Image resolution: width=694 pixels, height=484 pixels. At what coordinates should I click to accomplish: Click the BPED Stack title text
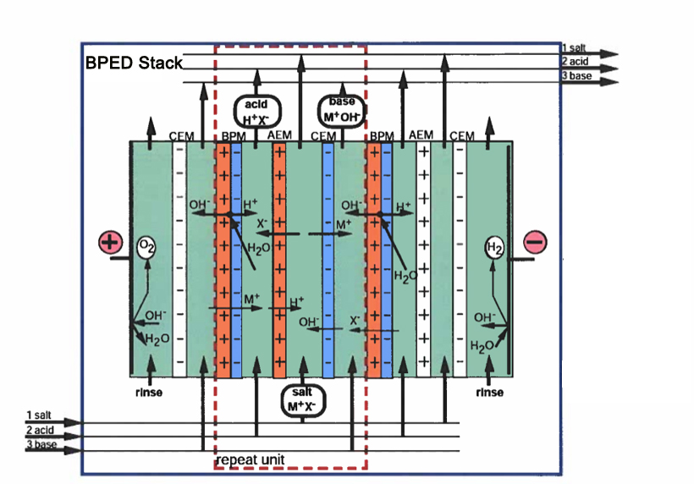pyautogui.click(x=135, y=63)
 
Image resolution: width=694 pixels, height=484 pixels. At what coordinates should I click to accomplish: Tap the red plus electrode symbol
pyautogui.click(x=110, y=242)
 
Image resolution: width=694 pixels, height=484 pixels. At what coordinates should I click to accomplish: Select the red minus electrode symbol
pyautogui.click(x=535, y=242)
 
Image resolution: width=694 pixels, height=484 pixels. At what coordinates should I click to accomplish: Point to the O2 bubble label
pyautogui.click(x=146, y=247)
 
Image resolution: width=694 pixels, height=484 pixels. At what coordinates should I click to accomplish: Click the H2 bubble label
pyautogui.click(x=493, y=248)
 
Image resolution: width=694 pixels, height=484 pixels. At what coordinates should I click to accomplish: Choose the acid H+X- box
pyautogui.click(x=256, y=110)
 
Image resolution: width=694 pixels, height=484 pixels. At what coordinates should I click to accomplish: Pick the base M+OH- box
pyautogui.click(x=340, y=110)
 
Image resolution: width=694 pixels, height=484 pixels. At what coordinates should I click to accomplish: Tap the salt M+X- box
pyautogui.click(x=301, y=398)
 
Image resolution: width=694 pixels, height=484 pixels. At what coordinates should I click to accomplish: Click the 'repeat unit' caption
pyautogui.click(x=251, y=459)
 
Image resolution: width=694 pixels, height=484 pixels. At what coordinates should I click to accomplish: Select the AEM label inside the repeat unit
pyautogui.click(x=278, y=135)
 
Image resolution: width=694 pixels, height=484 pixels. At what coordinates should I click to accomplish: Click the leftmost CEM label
pyautogui.click(x=181, y=135)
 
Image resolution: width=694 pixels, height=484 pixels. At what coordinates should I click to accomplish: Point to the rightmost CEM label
pyautogui.click(x=461, y=135)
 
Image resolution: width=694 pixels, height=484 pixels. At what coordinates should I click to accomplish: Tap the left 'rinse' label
pyautogui.click(x=148, y=392)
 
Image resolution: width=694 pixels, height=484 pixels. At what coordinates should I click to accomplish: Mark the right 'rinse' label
pyautogui.click(x=489, y=392)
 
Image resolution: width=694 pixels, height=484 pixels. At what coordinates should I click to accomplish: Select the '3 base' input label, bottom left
pyautogui.click(x=41, y=444)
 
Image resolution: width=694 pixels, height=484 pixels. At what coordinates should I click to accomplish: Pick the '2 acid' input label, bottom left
pyautogui.click(x=40, y=430)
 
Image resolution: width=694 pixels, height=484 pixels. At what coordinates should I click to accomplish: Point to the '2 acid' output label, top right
pyautogui.click(x=576, y=62)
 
